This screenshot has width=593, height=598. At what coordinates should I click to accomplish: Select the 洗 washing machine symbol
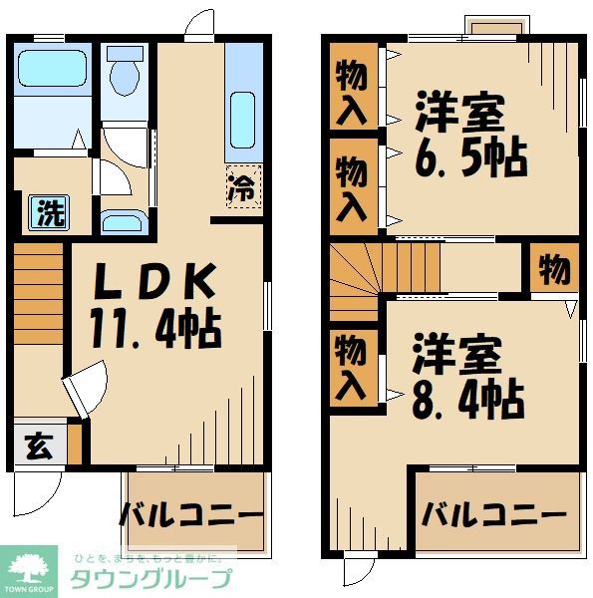point(47,212)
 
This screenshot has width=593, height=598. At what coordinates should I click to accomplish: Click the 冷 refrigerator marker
point(243,186)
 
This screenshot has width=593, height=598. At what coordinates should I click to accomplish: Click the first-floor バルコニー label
point(192,515)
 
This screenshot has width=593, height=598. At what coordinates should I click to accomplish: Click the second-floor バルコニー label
point(492,514)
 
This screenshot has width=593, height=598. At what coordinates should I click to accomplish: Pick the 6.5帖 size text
point(469,157)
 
